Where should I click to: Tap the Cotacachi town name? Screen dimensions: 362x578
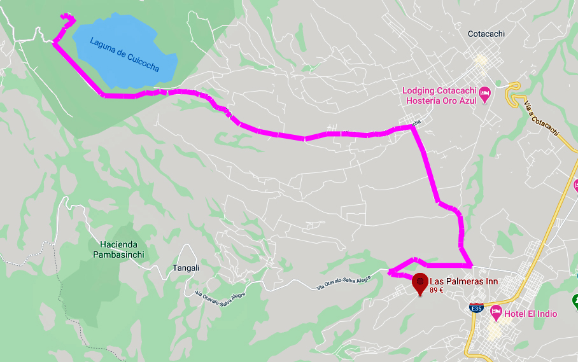pyautogui.click(x=486, y=34)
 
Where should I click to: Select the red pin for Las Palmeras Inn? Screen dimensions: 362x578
pyautogui.click(x=419, y=282)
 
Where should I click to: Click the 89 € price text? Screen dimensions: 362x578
pyautogui.click(x=436, y=291)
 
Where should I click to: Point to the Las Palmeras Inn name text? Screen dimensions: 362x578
pyautogui.click(x=462, y=281)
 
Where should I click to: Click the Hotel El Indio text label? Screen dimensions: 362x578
pyautogui.click(x=531, y=314)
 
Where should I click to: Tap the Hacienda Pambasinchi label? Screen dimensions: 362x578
pyautogui.click(x=122, y=249)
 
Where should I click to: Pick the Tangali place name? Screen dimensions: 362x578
pyautogui.click(x=186, y=268)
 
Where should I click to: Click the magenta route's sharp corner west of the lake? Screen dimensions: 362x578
pyautogui.click(x=55, y=44)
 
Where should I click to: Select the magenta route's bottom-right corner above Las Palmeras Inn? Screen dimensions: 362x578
pyautogui.click(x=470, y=265)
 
